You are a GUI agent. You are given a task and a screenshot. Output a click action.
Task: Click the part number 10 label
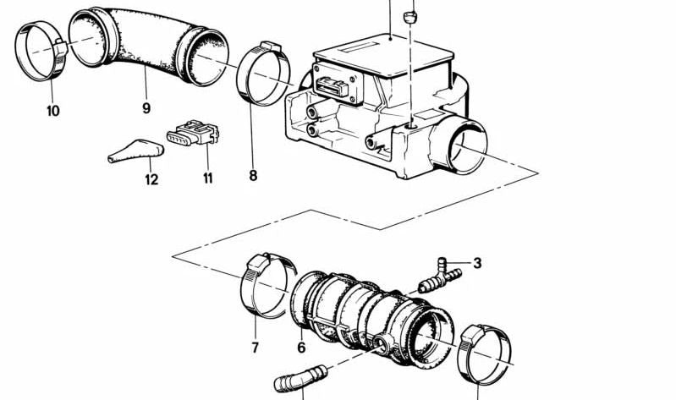53,111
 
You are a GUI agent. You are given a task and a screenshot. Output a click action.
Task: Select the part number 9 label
146,107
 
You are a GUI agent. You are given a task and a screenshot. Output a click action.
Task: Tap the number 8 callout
253,175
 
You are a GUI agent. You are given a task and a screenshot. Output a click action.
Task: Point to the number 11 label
208,178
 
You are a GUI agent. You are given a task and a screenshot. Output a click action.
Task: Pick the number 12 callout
151,179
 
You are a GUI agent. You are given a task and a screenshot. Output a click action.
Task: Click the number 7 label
256,347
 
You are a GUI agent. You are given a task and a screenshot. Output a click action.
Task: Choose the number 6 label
301,347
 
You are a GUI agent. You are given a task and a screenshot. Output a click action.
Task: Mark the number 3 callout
477,262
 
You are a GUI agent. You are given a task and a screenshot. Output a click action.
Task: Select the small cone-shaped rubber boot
136,151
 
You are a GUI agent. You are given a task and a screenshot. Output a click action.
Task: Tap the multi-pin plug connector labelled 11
193,132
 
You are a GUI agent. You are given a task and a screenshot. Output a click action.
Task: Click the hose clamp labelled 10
41,52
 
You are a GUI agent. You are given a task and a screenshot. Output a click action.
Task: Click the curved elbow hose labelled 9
149,46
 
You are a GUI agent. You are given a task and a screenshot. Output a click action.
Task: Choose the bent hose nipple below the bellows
300,378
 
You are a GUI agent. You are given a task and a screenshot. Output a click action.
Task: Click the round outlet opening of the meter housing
467,145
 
